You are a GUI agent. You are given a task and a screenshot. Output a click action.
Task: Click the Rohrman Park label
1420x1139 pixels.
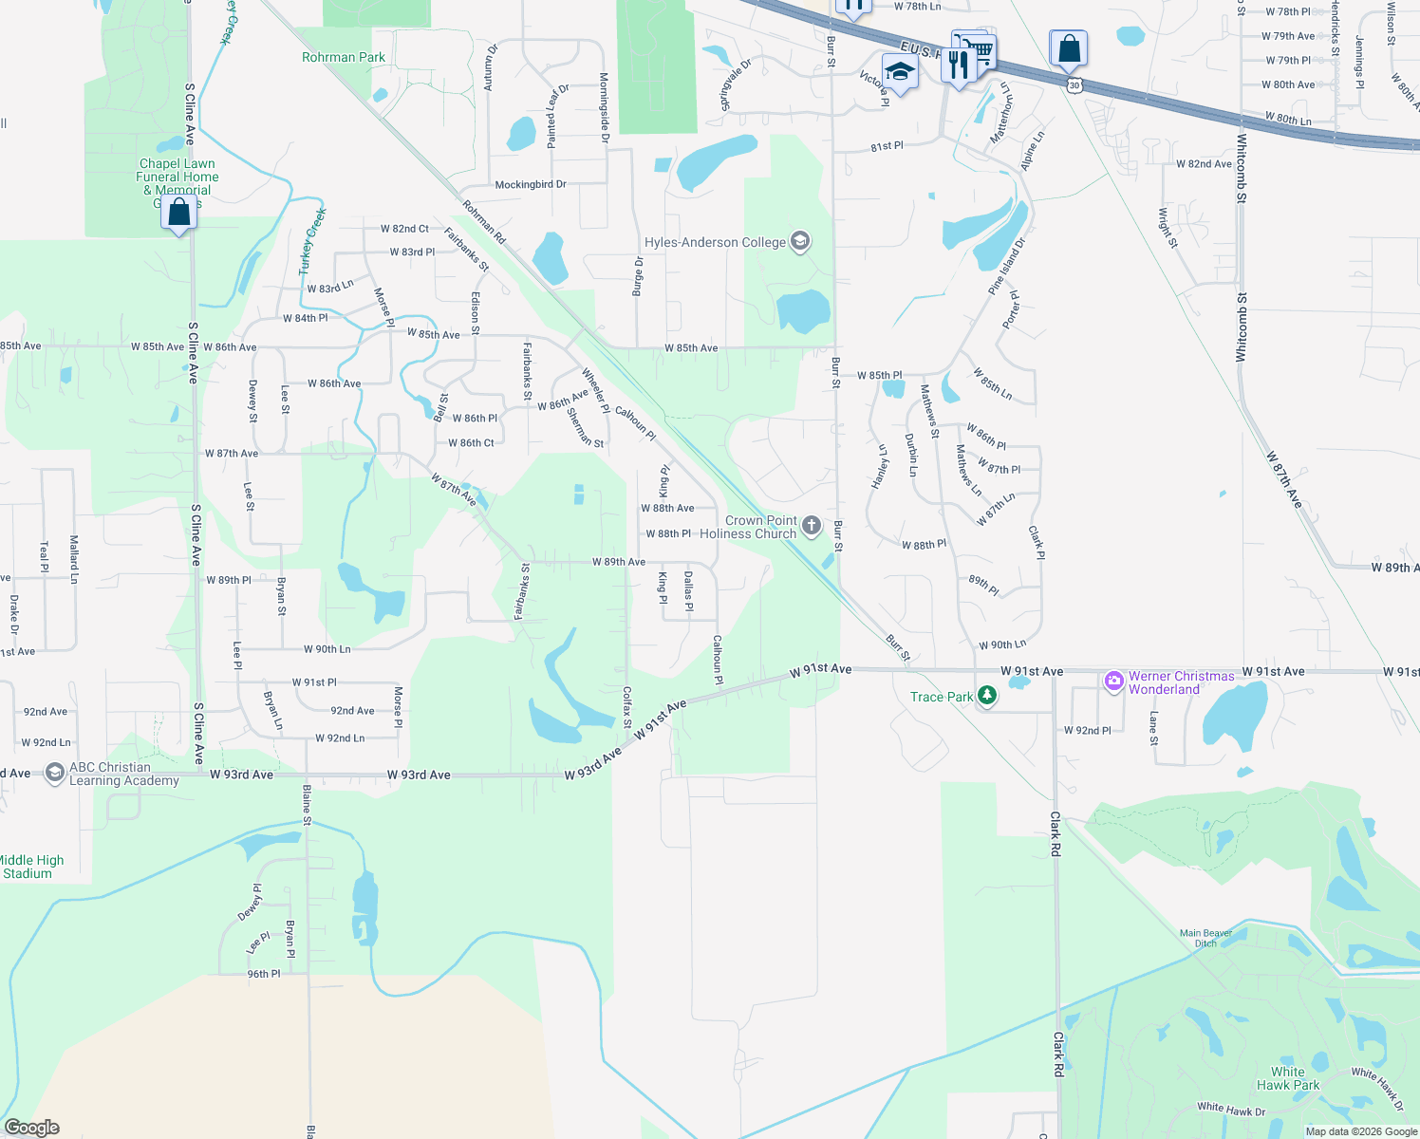pos(344,57)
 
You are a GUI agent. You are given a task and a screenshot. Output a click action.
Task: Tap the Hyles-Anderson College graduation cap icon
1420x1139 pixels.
pos(800,242)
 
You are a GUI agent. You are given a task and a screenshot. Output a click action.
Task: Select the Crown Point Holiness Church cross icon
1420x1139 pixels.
pos(812,525)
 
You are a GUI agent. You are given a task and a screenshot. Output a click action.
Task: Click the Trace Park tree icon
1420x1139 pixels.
pos(987,697)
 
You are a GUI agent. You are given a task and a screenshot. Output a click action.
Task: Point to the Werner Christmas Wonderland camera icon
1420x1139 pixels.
pos(1113,681)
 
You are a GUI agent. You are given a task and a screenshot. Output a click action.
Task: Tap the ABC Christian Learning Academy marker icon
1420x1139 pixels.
pos(54,773)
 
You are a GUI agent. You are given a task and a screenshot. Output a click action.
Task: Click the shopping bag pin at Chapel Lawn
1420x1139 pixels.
pos(178,212)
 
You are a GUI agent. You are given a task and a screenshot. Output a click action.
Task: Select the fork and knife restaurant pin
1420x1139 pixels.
pos(959,65)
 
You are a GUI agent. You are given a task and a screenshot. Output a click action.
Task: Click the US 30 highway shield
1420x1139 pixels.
pos(1074,85)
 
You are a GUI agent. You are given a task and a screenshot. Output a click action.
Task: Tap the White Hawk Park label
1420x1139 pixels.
pos(1287,1078)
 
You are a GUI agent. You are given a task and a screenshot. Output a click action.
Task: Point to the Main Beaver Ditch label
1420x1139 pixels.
pos(1205,938)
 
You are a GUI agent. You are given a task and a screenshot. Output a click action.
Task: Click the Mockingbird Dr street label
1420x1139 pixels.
pos(530,184)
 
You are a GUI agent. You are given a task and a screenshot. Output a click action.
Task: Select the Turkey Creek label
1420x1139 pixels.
pos(313,241)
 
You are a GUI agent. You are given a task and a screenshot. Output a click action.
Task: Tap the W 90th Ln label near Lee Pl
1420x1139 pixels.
pos(327,649)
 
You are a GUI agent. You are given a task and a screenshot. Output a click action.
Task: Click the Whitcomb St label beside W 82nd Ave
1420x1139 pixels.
pos(1242,168)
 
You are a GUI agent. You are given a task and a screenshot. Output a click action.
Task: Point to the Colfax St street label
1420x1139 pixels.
pos(626,707)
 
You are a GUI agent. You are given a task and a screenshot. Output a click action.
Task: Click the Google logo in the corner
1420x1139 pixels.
pos(31,1128)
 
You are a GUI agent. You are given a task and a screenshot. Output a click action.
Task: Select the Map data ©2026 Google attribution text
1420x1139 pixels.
pos(1361,1131)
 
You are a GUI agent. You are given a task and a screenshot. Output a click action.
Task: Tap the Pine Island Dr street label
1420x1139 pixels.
pos(1007,266)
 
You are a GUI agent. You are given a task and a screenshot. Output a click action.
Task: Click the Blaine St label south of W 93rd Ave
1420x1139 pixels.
pos(307,799)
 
